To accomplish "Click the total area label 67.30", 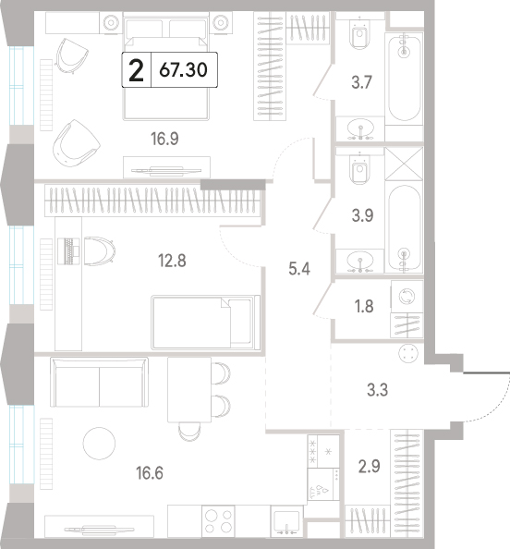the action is coord(183,69).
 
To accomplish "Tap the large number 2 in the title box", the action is coord(136,70).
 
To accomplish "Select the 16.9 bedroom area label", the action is coord(164,139).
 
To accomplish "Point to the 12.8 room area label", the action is coord(172,261).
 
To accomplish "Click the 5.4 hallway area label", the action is coord(299,269).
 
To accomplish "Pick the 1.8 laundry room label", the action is coord(364,306).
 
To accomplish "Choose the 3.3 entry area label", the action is coord(377,390).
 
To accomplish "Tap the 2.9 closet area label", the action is coord(370,467).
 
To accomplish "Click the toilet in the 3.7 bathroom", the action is coord(359,33).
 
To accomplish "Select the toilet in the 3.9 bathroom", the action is coord(359,170).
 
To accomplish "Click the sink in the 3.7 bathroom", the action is coord(360,128).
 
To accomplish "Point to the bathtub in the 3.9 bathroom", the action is coord(404,228).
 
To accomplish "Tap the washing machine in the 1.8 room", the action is coord(407,297).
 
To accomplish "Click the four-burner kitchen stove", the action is coord(218,521).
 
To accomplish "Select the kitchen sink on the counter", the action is coord(286,521).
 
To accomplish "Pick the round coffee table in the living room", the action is coord(100,444).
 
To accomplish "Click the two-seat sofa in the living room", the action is coord(99,382).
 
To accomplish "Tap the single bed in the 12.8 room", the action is coord(206,323).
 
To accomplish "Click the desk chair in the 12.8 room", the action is coord(100,251).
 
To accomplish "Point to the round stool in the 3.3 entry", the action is coord(408,353).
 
